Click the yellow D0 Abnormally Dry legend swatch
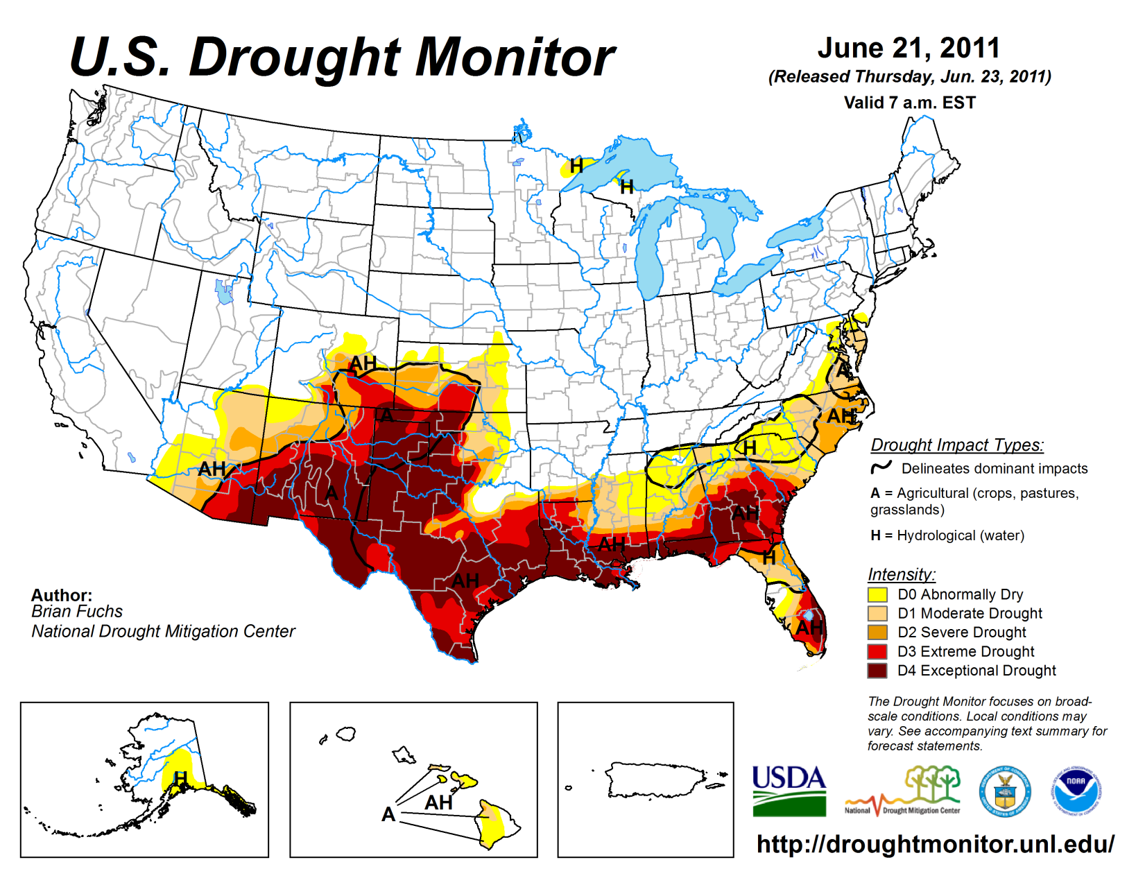tap(877, 594)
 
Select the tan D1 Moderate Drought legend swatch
tap(877, 613)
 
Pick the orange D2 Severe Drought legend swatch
tap(877, 632)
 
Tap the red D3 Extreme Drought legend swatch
tap(877, 652)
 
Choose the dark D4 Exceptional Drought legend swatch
tap(877, 671)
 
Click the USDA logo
tap(789, 791)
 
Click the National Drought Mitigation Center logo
tap(903, 791)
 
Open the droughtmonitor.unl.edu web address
tap(936, 844)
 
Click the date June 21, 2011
tap(909, 49)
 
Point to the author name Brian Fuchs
tap(77, 612)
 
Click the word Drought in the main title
tap(295, 57)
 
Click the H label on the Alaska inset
tap(181, 778)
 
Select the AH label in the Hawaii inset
tap(438, 802)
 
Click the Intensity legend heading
tap(901, 574)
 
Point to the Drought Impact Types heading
tap(957, 445)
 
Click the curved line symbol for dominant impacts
tap(881, 467)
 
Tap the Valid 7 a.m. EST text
tap(909, 103)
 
